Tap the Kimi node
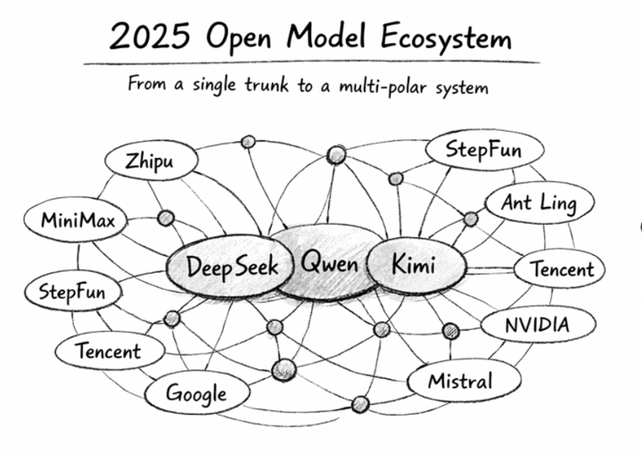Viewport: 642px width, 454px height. point(415,264)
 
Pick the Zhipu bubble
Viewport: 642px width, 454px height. point(149,161)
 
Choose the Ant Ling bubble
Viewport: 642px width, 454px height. point(539,203)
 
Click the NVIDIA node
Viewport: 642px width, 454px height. point(537,324)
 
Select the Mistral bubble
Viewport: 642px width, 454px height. point(460,382)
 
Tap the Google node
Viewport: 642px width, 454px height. point(196,392)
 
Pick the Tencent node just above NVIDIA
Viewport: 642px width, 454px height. point(561,268)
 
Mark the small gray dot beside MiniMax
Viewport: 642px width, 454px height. point(165,218)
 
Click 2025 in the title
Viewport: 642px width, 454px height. point(146,37)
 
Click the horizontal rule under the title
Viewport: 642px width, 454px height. point(312,63)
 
